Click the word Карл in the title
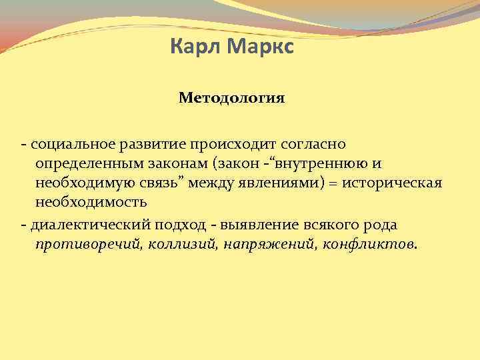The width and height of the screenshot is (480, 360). pyautogui.click(x=192, y=48)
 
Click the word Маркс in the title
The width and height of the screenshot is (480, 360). pyautogui.click(x=255, y=48)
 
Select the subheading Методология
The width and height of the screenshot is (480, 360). pyautogui.click(x=231, y=99)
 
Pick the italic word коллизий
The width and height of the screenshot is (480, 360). pyautogui.click(x=176, y=245)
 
